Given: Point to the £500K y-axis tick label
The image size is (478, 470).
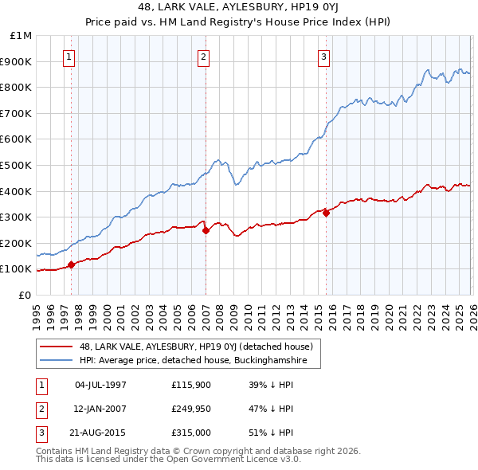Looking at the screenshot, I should (18, 165).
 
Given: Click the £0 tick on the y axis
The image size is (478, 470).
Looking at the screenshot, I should (25, 295).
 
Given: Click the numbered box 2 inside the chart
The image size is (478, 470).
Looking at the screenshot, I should (204, 57).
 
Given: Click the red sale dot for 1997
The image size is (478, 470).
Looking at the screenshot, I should (71, 264).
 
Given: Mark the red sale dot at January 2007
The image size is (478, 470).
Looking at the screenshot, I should (206, 230).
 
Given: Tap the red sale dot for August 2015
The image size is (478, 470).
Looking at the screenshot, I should (327, 213).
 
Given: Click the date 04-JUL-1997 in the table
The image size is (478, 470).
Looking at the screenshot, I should (100, 385).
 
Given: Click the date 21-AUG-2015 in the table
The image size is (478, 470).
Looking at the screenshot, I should (100, 433).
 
